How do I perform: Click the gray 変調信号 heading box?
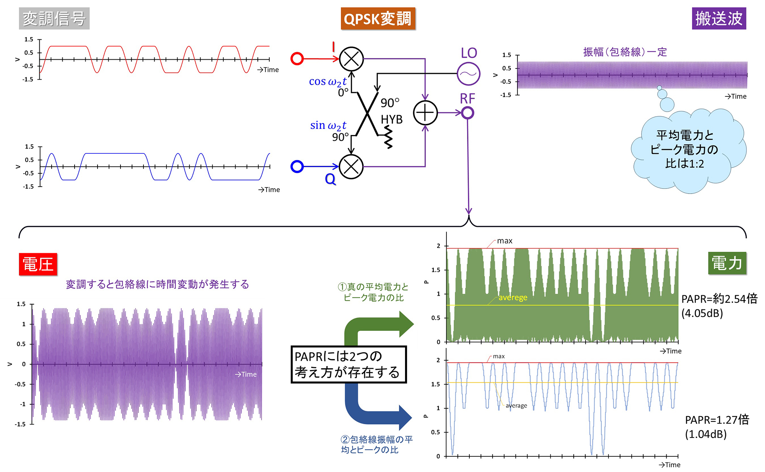click(54, 18)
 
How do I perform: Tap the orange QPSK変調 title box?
click(378, 18)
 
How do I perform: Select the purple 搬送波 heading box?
click(719, 18)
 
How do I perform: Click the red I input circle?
click(297, 59)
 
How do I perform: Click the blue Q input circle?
click(297, 166)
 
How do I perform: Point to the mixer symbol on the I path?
click(351, 59)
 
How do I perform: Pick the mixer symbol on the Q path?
click(351, 166)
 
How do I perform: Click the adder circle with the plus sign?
click(425, 113)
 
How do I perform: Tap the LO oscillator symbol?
click(468, 73)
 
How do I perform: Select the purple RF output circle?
click(467, 113)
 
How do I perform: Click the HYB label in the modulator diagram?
click(392, 120)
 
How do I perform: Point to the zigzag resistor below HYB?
click(388, 138)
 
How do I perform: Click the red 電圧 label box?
click(38, 264)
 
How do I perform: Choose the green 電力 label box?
click(727, 263)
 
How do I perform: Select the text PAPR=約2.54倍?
click(719, 299)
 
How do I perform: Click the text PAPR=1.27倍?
click(717, 420)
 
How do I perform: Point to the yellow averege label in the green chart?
click(513, 298)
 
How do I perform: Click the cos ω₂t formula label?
click(328, 82)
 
